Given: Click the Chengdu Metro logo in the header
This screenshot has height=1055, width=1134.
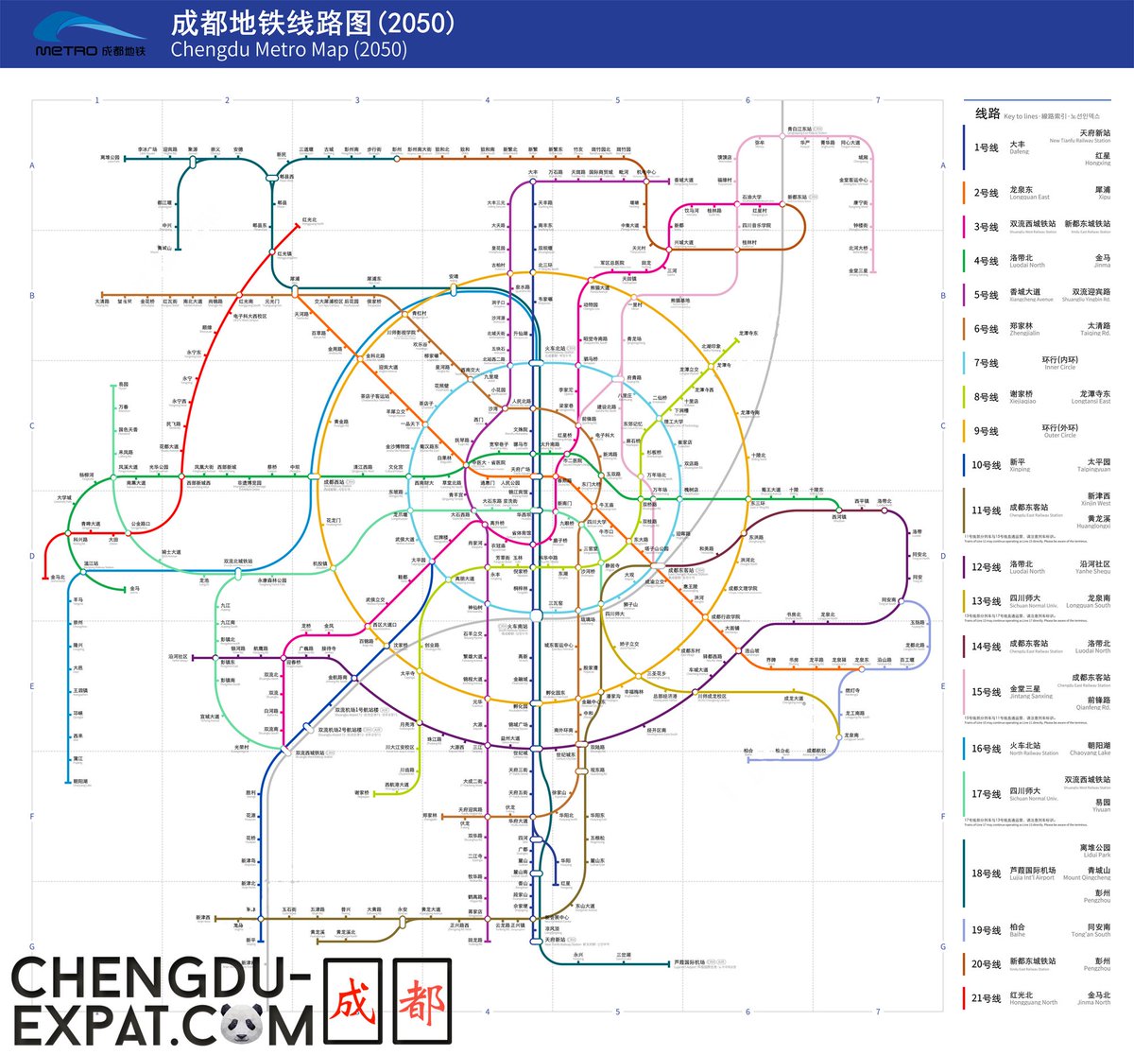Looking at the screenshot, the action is pyautogui.click(x=91, y=35).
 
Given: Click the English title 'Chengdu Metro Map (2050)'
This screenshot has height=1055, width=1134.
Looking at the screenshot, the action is pyautogui.click(x=288, y=49).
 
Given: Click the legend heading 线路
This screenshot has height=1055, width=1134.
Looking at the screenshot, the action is pyautogui.click(x=988, y=113).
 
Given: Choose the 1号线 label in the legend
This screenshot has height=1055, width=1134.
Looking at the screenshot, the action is pyautogui.click(x=986, y=147).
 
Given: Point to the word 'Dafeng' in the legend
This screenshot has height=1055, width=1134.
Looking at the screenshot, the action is pyautogui.click(x=1019, y=152).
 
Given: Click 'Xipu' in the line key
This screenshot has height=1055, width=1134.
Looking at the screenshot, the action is pyautogui.click(x=1104, y=198).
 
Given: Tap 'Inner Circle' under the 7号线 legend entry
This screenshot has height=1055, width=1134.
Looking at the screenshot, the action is pyautogui.click(x=1059, y=368).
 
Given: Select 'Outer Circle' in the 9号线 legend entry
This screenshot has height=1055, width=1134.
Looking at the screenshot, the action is pyautogui.click(x=1059, y=436).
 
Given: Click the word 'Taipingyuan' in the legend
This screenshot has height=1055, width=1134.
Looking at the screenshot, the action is pyautogui.click(x=1093, y=470).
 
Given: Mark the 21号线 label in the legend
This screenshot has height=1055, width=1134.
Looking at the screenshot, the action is pyautogui.click(x=986, y=998).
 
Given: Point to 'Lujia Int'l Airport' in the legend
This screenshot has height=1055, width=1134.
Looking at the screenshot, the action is pyautogui.click(x=1033, y=878).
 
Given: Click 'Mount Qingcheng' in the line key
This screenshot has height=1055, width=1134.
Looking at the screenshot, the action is pyautogui.click(x=1087, y=878).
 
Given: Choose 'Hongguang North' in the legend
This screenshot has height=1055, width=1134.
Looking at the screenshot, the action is pyautogui.click(x=1033, y=1003).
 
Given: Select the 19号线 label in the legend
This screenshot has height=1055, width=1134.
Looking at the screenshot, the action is pyautogui.click(x=986, y=930).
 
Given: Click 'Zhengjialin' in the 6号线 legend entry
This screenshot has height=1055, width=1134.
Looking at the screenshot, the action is pyautogui.click(x=1024, y=334).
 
